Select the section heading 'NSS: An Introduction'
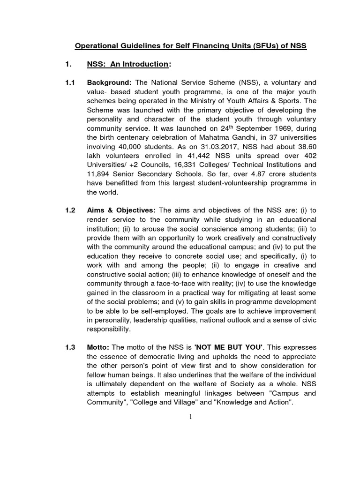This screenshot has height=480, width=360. point(127,64)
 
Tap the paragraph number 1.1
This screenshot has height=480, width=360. point(70,82)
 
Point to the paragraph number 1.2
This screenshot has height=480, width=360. point(70,210)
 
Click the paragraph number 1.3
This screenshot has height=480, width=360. point(70,347)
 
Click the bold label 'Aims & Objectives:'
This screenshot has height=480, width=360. point(121,210)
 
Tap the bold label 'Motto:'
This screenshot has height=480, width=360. point(99,347)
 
